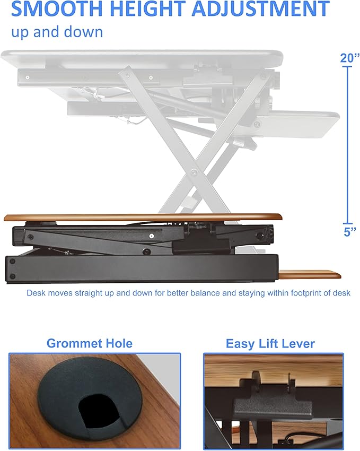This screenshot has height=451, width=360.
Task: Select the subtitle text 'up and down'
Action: pos(57,32)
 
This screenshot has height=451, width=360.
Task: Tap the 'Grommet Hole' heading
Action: pos(90,343)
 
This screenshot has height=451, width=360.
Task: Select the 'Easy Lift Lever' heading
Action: pos(270,344)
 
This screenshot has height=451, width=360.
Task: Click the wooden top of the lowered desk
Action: pos(143,218)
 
